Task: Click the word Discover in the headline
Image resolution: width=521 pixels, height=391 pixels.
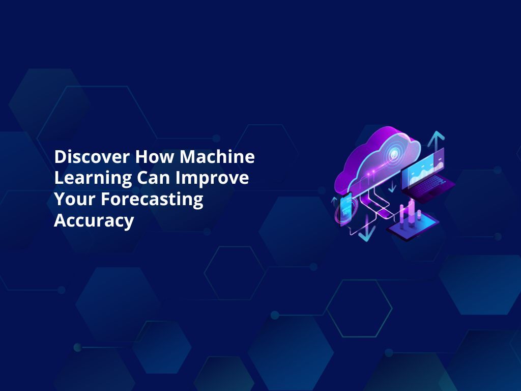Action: pos(92,157)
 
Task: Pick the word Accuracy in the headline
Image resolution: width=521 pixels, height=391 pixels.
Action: pos(94,221)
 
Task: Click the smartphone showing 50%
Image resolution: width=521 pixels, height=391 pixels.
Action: pos(346,208)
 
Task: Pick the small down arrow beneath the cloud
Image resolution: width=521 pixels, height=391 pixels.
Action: pos(392,187)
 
